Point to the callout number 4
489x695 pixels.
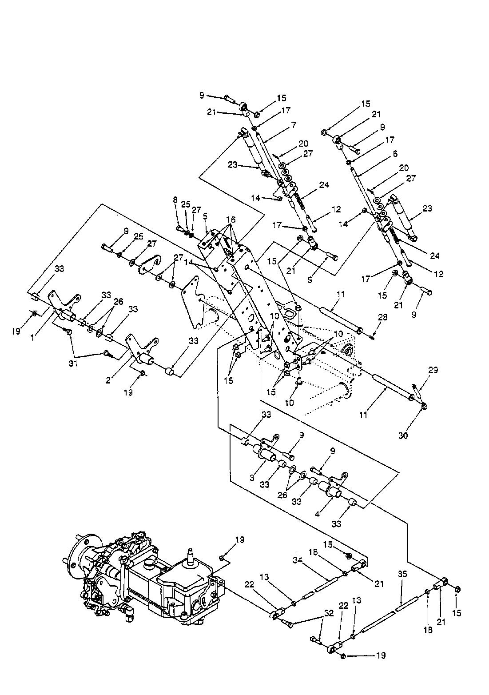click(317, 514)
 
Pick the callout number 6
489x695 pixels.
click(395, 153)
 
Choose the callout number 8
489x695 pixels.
click(175, 200)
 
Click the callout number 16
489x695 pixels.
click(231, 220)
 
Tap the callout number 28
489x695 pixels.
click(383, 317)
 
